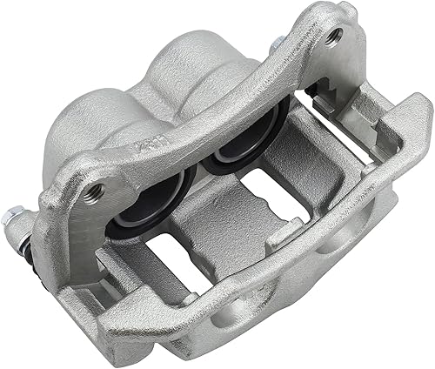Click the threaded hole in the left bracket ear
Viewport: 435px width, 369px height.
(95, 191)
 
